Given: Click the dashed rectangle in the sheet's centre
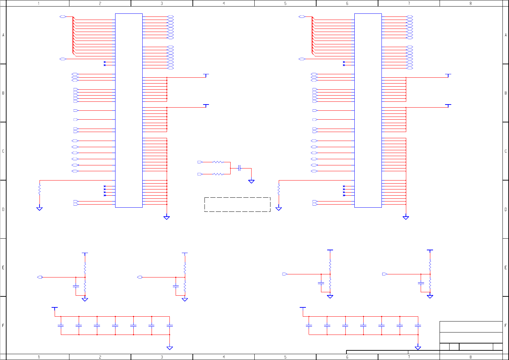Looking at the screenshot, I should pyautogui.click(x=237, y=204).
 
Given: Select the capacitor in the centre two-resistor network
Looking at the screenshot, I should pyautogui.click(x=240, y=168).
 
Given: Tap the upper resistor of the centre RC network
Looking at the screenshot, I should pyautogui.click(x=218, y=162).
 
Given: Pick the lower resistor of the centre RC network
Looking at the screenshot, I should pyautogui.click(x=218, y=174).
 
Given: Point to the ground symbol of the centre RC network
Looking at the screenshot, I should pyautogui.click(x=251, y=181).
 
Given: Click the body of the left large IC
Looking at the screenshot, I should pyautogui.click(x=129, y=110).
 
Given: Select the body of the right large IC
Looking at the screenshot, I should pyautogui.click(x=368, y=110).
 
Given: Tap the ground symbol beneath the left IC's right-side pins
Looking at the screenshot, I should pyautogui.click(x=167, y=217).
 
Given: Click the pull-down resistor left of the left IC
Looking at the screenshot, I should pyautogui.click(x=40, y=189).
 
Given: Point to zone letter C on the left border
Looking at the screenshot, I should pyautogui.click(x=3, y=151).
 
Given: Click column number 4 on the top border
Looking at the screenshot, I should pyautogui.click(x=224, y=3).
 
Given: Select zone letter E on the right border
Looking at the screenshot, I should pyautogui.click(x=506, y=268).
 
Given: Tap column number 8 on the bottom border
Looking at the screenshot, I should pyautogui.click(x=471, y=357).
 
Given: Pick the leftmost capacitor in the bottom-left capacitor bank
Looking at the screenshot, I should pyautogui.click(x=61, y=325).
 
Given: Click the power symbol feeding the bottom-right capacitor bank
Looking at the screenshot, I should pyautogui.click(x=303, y=308).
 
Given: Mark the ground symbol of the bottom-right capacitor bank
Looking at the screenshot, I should pyautogui.click(x=418, y=348).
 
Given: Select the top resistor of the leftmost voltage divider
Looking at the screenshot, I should pyautogui.click(x=85, y=268).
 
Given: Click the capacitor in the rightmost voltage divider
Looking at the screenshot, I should pyautogui.click(x=421, y=283).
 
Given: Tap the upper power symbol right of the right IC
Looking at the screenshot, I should pyautogui.click(x=448, y=75).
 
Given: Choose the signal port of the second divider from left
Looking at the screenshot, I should pyautogui.click(x=140, y=277).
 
